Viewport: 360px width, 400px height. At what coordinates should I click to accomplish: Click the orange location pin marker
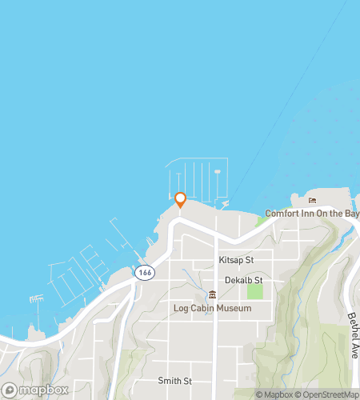(180, 199)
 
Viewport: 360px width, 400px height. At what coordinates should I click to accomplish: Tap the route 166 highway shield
(144, 273)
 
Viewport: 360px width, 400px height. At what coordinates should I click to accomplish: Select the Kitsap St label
(236, 261)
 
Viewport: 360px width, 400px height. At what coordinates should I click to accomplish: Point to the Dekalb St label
(243, 280)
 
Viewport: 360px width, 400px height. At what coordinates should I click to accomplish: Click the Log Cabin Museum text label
(212, 307)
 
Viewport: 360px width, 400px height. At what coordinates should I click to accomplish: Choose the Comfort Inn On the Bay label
(312, 214)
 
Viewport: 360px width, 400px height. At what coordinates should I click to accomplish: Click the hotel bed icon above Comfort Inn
(312, 201)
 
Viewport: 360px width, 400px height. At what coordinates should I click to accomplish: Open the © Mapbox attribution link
(274, 394)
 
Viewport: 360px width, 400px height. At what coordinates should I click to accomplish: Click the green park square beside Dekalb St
(254, 291)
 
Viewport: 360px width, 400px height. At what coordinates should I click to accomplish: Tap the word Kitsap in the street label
(230, 261)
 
